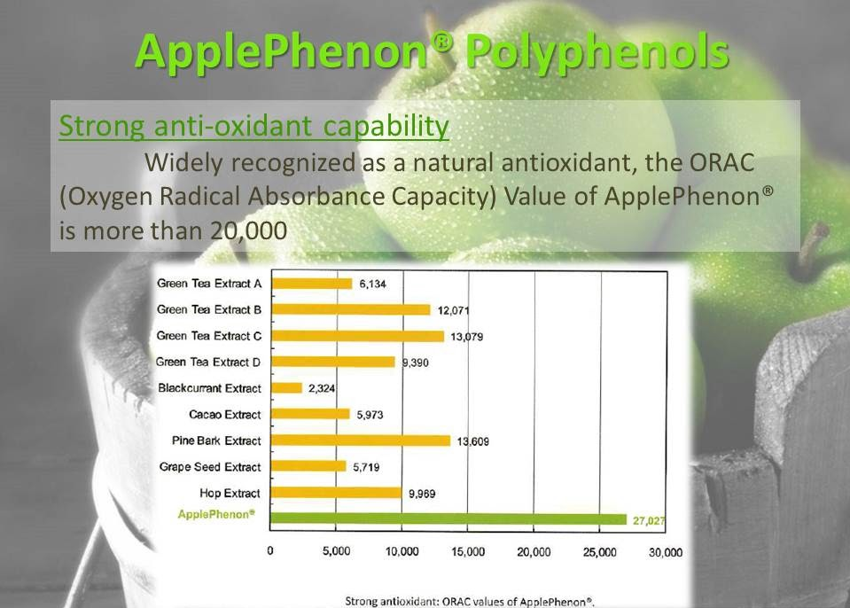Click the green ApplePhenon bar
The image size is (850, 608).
[448, 519]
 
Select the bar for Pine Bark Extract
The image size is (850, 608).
[361, 440]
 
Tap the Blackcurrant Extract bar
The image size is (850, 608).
[286, 388]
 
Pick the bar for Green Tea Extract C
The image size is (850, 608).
[357, 336]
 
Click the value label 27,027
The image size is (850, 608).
[648, 521]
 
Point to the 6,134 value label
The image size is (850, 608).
[372, 284]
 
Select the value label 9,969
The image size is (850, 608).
[422, 494]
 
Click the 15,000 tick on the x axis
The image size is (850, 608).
[468, 552]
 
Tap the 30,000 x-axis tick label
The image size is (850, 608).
[665, 552]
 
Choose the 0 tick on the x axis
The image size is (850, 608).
[270, 551]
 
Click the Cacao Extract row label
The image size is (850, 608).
[225, 415]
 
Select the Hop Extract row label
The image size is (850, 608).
[230, 493]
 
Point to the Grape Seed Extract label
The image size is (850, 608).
[210, 466]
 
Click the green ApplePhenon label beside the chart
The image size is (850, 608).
[215, 514]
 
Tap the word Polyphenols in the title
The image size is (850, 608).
[597, 52]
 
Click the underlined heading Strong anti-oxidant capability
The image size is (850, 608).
[253, 126]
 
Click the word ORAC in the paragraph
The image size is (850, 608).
[721, 162]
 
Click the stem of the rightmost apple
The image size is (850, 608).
[811, 249]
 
